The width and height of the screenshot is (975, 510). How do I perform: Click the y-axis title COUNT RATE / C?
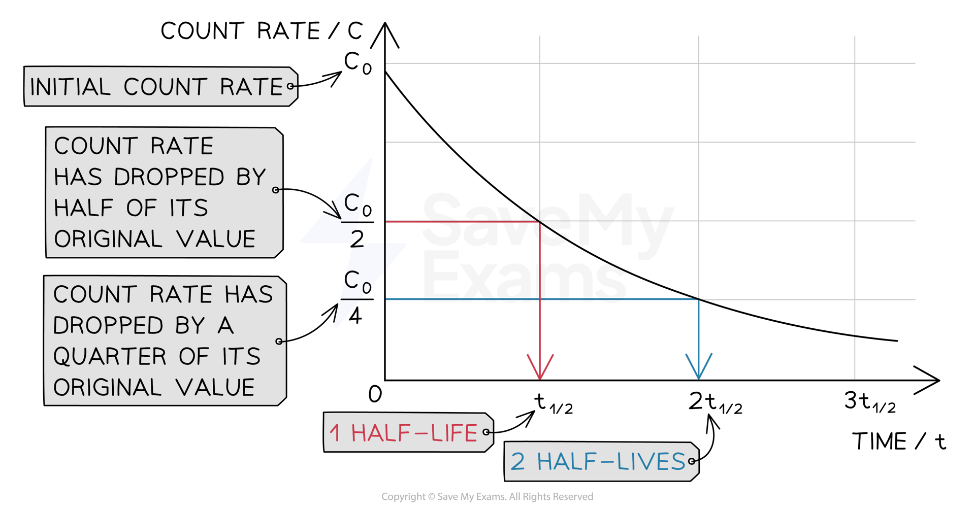(x=262, y=31)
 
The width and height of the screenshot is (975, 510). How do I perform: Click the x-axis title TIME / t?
(x=899, y=441)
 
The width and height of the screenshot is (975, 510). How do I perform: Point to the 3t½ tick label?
(x=869, y=402)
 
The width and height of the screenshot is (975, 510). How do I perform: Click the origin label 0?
(x=375, y=395)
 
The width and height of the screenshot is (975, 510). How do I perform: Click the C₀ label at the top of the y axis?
(x=357, y=63)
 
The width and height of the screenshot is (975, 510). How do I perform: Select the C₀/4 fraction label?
(x=357, y=297)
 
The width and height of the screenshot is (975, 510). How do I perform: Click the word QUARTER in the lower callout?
(x=110, y=357)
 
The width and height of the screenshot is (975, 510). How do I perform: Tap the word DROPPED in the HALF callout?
(x=169, y=177)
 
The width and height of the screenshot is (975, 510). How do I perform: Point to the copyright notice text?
(x=487, y=497)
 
